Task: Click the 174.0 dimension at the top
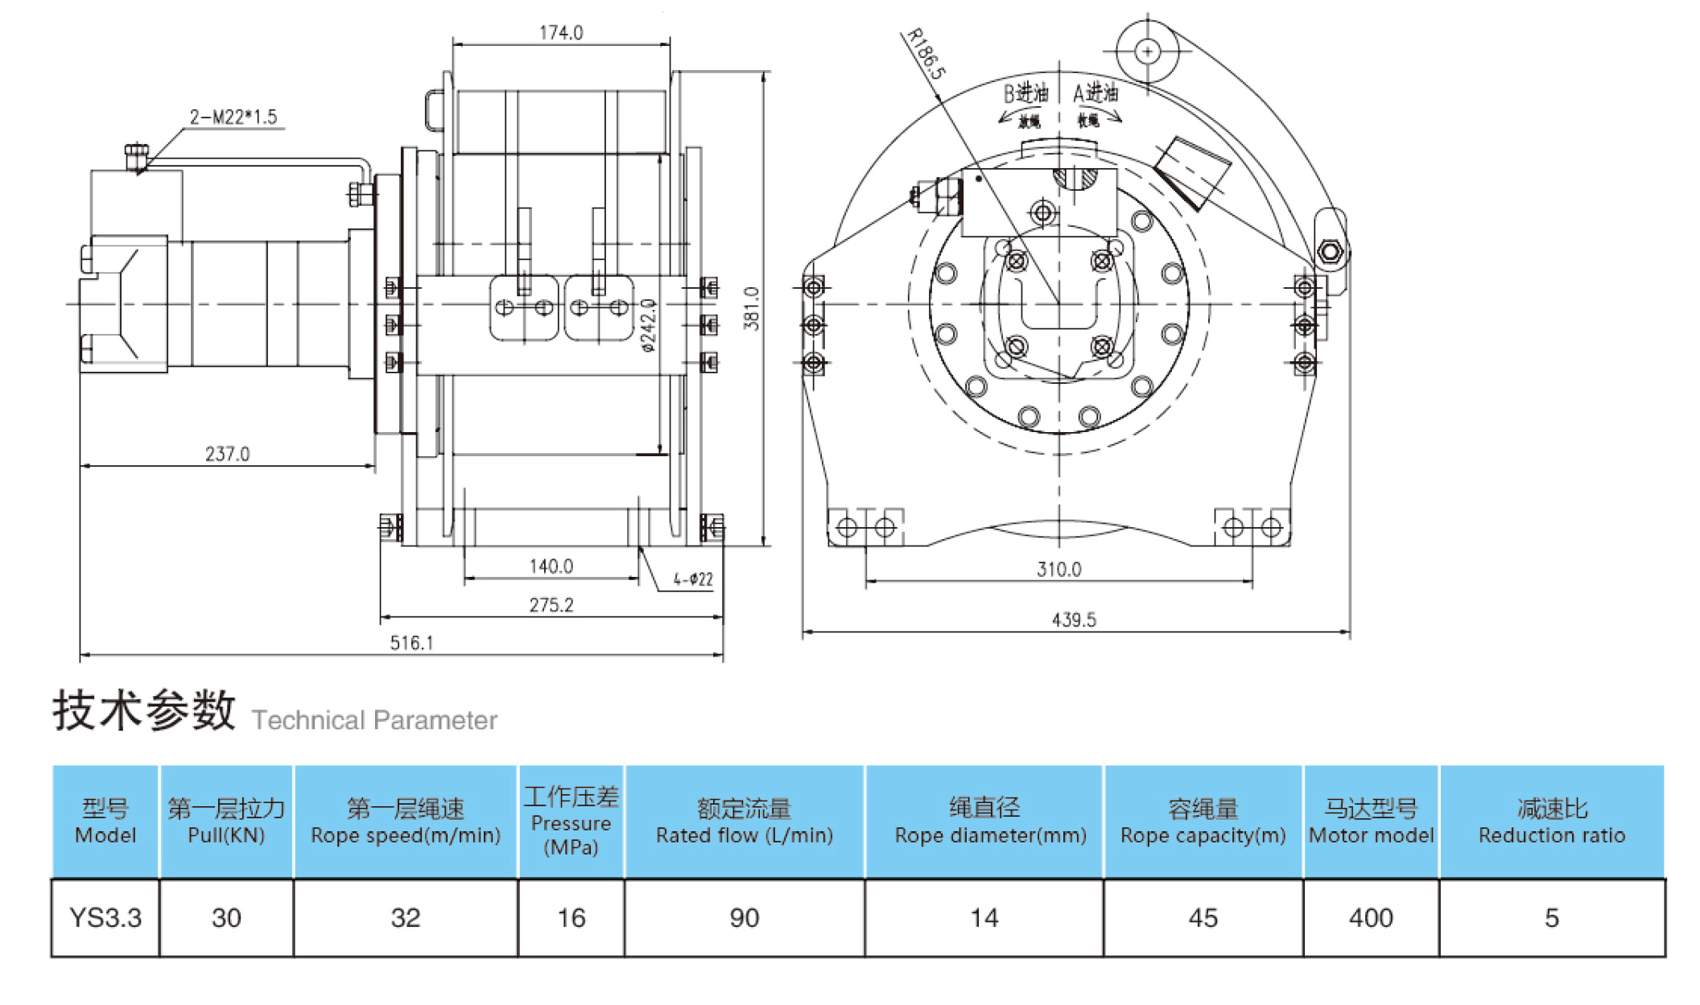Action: (x=560, y=33)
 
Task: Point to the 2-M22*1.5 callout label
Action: (x=233, y=117)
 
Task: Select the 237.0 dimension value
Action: (x=227, y=454)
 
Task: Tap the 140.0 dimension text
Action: (x=551, y=566)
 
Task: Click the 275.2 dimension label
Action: (x=551, y=605)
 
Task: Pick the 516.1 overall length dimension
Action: (x=411, y=643)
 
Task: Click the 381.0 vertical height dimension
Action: (x=750, y=308)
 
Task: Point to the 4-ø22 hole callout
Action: (x=693, y=579)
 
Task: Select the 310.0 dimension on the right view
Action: (x=1058, y=570)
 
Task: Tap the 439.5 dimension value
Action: (x=1074, y=620)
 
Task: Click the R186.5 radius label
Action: (x=925, y=54)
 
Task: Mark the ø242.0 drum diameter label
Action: (x=649, y=326)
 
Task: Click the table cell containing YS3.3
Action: (x=105, y=918)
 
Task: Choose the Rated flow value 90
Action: (x=744, y=918)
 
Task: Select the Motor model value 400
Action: (x=1370, y=918)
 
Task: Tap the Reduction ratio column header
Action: (x=1551, y=822)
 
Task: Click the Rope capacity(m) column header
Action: (x=1203, y=822)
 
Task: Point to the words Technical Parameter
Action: (x=374, y=720)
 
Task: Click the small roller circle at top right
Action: (x=1147, y=51)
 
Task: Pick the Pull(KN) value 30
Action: (x=226, y=918)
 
